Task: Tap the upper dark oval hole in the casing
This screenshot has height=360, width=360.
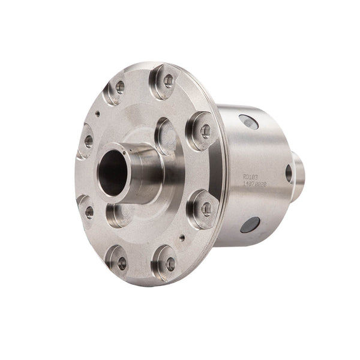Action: pyautogui.click(x=248, y=122)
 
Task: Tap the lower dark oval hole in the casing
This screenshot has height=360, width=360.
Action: pyautogui.click(x=250, y=224)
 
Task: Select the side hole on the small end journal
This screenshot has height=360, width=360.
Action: pyautogui.click(x=289, y=173)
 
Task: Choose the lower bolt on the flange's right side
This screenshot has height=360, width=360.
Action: pyautogui.click(x=206, y=209)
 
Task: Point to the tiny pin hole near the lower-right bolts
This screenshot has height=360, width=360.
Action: pyautogui.click(x=182, y=237)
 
